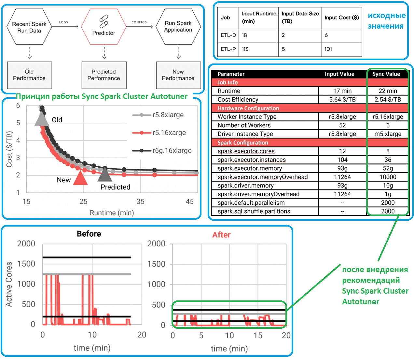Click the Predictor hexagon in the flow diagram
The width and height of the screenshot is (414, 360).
tap(103, 27)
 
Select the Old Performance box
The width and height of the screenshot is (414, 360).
tap(29, 75)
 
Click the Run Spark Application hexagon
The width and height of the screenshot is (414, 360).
tap(178, 27)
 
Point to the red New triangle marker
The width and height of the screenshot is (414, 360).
tap(80, 178)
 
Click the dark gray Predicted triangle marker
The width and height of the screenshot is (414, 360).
tap(105, 175)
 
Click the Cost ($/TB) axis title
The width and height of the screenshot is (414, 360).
tap(9, 149)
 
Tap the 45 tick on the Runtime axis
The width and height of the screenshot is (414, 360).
tap(190, 202)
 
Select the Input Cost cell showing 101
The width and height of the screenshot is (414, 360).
tap(328, 49)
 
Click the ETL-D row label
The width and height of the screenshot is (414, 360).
tap(228, 35)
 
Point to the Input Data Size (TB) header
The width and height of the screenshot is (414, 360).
tap(300, 18)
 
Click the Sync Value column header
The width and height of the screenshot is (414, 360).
tap(386, 74)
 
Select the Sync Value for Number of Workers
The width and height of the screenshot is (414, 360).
tap(388, 125)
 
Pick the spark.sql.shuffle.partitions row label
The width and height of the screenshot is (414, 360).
tap(254, 211)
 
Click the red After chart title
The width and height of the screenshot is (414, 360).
tap(221, 235)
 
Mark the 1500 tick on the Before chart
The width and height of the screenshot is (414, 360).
tap(26, 264)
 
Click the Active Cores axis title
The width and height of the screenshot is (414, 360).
tap(9, 284)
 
